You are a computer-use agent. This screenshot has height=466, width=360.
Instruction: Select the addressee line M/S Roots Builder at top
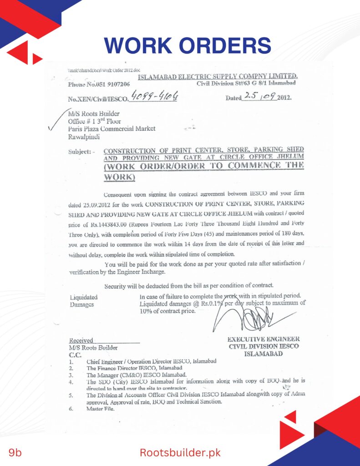point(94,114)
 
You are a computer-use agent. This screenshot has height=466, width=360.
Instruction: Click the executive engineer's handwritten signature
point(248,316)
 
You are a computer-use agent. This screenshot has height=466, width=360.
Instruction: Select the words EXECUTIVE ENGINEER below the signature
point(264,339)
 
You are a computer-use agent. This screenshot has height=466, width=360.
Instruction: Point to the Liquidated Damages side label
point(83,301)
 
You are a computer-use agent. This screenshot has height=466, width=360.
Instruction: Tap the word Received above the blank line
point(81,340)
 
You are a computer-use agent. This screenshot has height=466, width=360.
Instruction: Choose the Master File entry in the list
point(100,409)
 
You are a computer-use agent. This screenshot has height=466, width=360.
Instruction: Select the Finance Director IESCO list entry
point(134,368)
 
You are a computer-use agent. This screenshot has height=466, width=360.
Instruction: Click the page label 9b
point(15,452)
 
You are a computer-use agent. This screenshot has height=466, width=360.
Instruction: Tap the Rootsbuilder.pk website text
point(180,452)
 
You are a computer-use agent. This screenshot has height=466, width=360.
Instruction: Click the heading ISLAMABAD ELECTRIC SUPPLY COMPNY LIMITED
point(218,76)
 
